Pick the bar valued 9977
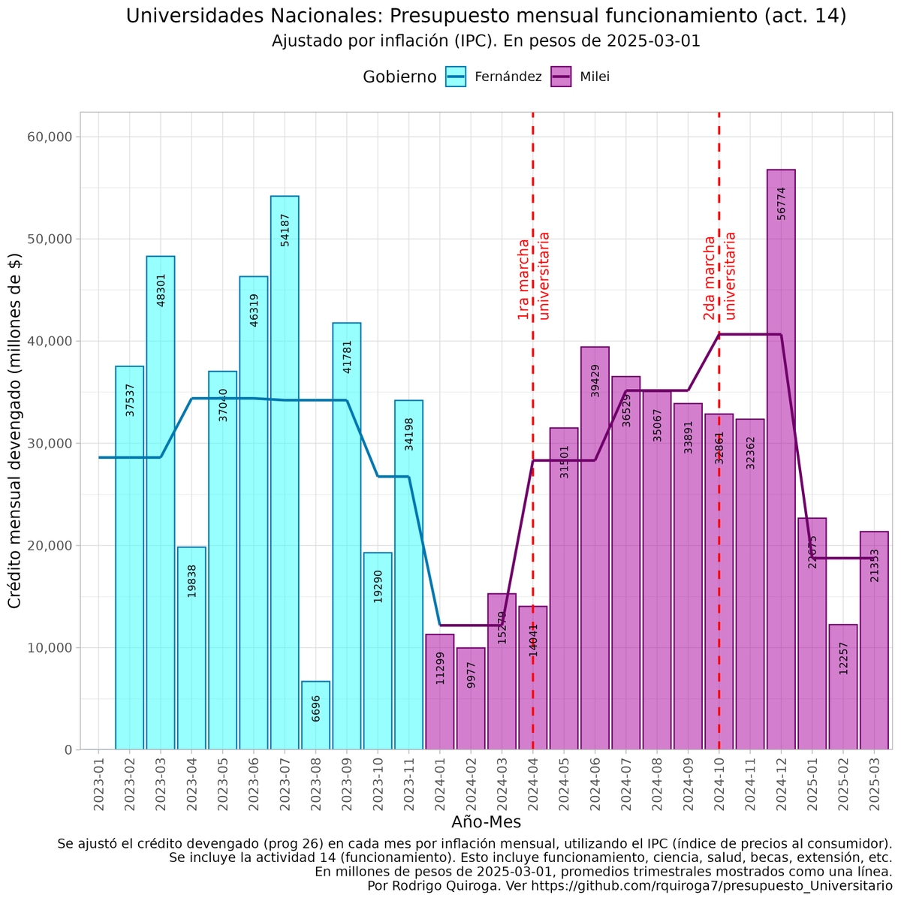[x=471, y=698]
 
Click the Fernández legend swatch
[x=456, y=77]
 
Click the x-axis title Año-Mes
[x=486, y=822]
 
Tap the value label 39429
[x=595, y=380]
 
